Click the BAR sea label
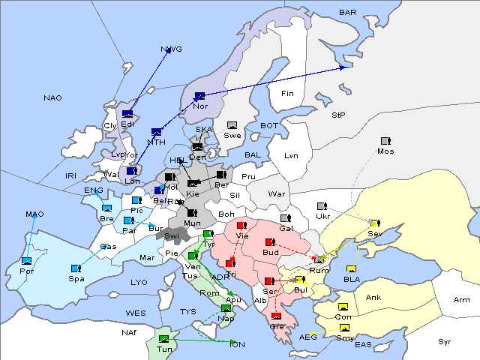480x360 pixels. click(x=348, y=13)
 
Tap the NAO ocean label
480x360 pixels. click(x=52, y=98)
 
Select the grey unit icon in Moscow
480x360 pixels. click(x=385, y=141)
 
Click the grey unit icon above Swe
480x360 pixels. click(x=232, y=125)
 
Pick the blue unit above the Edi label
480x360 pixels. click(x=127, y=114)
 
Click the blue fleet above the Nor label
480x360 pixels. click(x=199, y=96)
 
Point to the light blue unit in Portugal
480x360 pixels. click(x=27, y=260)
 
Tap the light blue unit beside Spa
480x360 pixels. click(x=76, y=268)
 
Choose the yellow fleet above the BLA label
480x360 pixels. click(x=350, y=269)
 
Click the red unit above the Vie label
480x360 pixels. click(x=241, y=225)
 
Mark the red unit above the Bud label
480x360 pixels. click(x=269, y=242)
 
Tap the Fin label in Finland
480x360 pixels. click(x=286, y=94)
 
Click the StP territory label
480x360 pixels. click(x=338, y=116)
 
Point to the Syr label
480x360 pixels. click(x=445, y=342)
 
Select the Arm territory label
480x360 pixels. click(x=462, y=300)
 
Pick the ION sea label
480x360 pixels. click(x=236, y=344)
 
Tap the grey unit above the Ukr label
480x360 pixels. click(x=321, y=206)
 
